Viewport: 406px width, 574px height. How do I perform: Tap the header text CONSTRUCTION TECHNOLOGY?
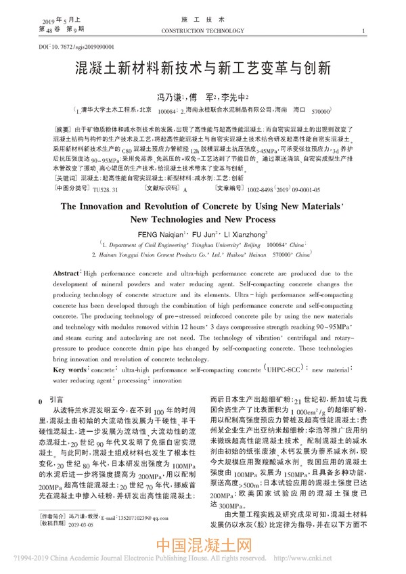[x=202, y=31]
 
